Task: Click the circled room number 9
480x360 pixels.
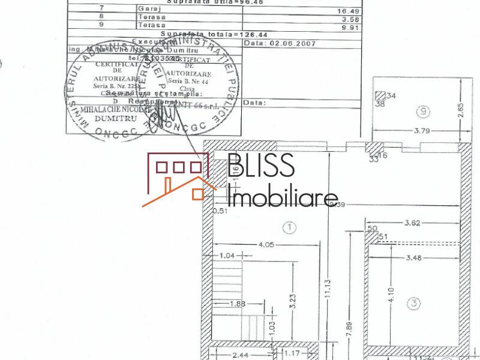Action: tap(424, 111)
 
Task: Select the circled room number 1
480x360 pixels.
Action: tap(290, 227)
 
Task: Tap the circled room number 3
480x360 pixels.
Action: tap(413, 304)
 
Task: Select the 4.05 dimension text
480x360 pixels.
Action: tap(266, 244)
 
